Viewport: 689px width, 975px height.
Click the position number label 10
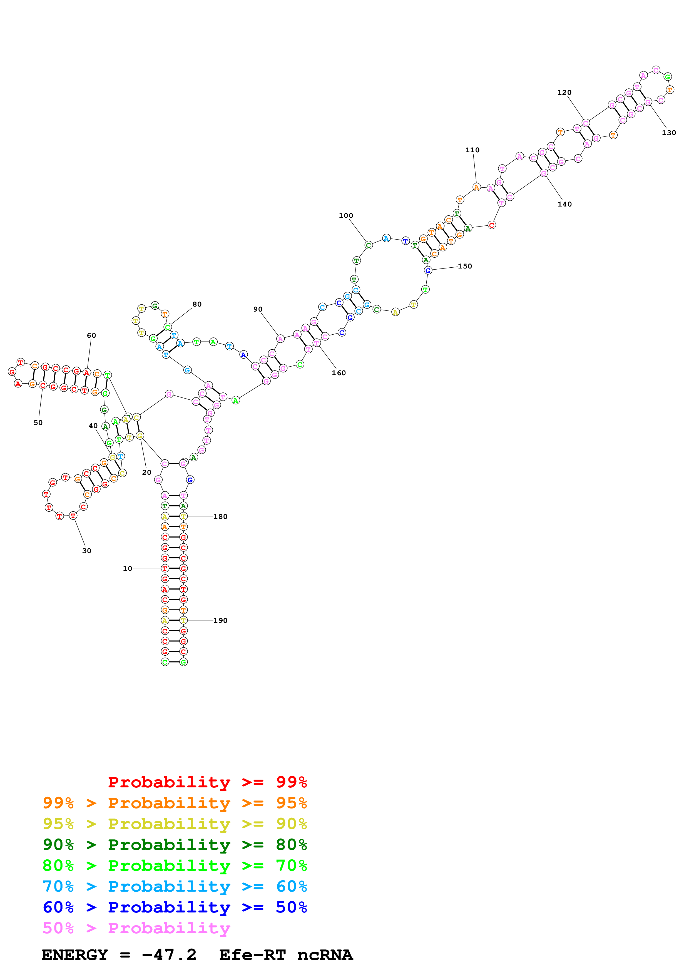127,569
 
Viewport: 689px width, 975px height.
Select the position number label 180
220,517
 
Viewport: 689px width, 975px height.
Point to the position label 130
669,133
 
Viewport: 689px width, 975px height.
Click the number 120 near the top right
564,93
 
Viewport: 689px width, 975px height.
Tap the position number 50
38,423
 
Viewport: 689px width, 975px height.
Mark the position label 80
197,304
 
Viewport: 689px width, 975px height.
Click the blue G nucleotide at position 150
428,270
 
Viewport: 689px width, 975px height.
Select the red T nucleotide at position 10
165,569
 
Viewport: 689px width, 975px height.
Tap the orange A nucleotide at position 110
476,187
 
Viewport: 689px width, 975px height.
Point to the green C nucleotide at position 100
369,245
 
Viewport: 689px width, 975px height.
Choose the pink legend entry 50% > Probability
136,928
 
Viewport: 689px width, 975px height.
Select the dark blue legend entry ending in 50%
175,907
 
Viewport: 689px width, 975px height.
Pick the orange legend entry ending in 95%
175,803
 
